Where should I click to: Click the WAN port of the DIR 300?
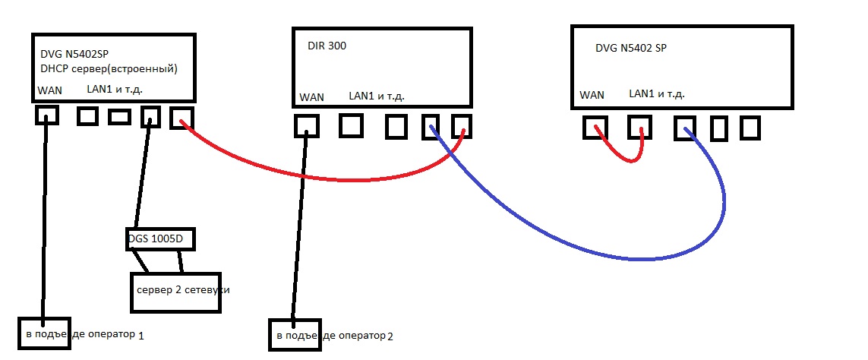click(x=307, y=125)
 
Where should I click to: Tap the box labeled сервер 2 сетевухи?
click(x=175, y=291)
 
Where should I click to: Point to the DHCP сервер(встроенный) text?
click(x=109, y=69)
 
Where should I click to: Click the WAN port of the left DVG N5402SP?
click(x=46, y=116)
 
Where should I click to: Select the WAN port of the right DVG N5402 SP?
click(x=595, y=127)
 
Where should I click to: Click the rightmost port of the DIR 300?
click(x=462, y=126)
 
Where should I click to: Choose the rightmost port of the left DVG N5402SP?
click(x=181, y=117)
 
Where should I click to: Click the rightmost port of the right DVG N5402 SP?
click(x=750, y=128)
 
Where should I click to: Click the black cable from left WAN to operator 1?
click(x=45, y=220)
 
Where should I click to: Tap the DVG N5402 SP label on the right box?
click(x=632, y=48)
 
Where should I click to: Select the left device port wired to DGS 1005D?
click(x=150, y=116)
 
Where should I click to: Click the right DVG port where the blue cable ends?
click(x=685, y=128)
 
